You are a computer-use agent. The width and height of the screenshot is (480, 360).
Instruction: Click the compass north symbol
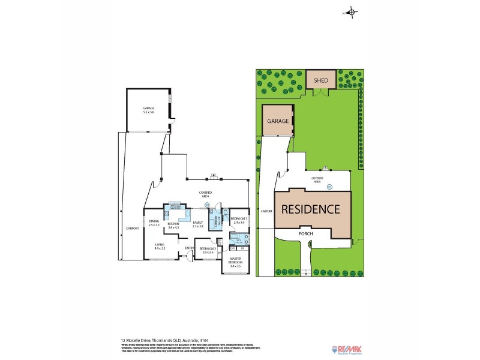352,13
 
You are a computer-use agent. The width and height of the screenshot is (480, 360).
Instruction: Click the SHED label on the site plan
321,79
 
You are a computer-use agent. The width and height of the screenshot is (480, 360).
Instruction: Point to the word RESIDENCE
311,209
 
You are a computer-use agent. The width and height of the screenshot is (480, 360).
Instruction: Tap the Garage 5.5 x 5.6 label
149,110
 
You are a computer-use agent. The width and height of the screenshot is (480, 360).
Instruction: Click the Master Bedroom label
235,263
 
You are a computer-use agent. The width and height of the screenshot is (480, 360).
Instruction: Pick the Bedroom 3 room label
238,220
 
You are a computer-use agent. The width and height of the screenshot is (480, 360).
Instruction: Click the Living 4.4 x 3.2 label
160,246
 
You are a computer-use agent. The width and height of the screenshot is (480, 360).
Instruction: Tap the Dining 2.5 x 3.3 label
154,223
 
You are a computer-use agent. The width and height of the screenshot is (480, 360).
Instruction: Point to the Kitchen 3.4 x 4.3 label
174,226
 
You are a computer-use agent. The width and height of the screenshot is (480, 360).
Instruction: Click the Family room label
198,224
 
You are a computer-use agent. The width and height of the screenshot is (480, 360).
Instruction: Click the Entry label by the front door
189,248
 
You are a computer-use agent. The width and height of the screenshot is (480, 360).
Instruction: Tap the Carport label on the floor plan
131,229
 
